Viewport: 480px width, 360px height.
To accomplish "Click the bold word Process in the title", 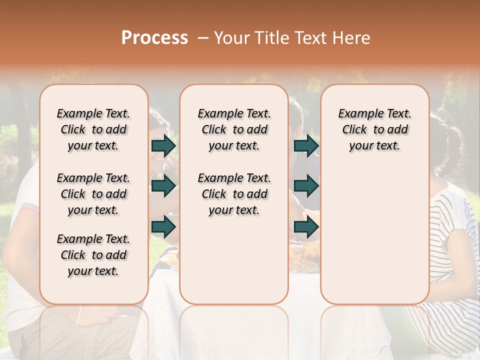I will coord(154,38).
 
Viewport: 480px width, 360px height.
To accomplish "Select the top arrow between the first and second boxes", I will coord(163,146).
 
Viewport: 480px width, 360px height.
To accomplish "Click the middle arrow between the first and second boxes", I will coord(163,186).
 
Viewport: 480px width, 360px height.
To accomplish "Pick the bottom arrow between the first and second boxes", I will coord(163,226).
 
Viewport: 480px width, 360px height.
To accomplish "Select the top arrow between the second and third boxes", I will coord(306,146).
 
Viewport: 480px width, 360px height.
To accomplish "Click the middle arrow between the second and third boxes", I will coord(306,186).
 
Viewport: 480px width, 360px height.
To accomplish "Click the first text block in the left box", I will coord(93,129).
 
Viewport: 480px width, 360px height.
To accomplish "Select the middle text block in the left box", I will coord(93,194).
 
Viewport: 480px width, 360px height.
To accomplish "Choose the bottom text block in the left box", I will coord(93,255).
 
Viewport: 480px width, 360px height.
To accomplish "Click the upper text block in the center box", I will coord(234,129).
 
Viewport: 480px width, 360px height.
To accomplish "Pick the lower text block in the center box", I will coord(234,194).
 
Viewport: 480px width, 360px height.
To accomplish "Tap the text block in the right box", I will coord(374,129).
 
